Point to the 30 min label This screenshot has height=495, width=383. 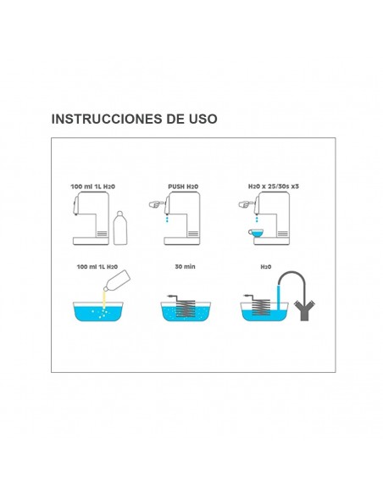[185, 266]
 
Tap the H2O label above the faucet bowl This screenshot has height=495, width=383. [264, 266]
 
